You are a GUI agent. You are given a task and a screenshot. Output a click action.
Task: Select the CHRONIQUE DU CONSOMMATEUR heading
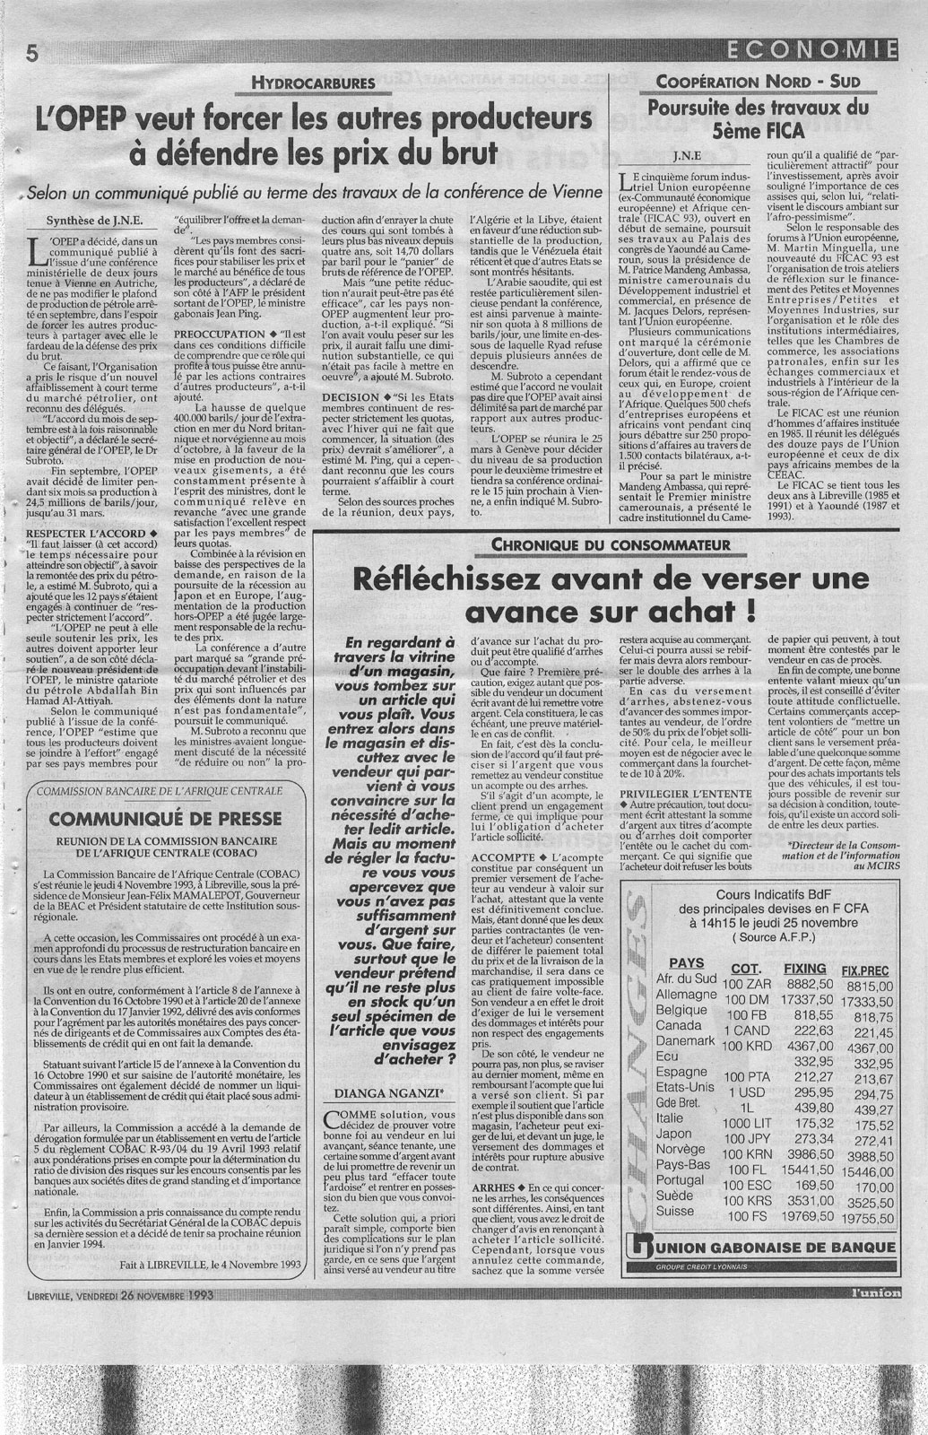(609, 545)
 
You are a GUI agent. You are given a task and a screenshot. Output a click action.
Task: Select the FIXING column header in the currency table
(804, 970)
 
